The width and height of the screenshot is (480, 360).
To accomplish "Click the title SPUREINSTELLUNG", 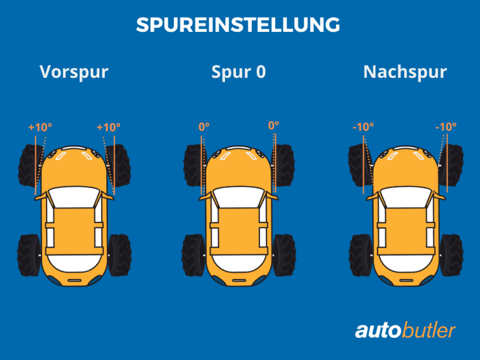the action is [239, 25].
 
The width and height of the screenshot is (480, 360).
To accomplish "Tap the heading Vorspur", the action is [74, 71].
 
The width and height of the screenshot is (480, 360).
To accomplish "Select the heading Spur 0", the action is [239, 71].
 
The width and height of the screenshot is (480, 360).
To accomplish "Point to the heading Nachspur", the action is [405, 71].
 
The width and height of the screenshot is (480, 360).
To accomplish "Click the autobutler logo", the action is [405, 330].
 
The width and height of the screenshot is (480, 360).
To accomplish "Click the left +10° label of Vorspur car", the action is [39, 128].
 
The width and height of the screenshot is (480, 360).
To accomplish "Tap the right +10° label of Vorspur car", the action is [108, 128].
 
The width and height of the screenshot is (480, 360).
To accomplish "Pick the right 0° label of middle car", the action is [273, 126].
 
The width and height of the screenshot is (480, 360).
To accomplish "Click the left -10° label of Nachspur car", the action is [363, 127].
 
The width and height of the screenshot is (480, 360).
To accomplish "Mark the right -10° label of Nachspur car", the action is [446, 127].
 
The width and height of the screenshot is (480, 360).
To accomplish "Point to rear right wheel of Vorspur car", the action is [119, 254].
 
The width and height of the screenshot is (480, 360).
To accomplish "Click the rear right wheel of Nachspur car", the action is [450, 254].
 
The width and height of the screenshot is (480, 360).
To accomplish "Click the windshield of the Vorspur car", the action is [74, 197].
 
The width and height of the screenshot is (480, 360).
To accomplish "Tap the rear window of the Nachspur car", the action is [405, 263].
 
